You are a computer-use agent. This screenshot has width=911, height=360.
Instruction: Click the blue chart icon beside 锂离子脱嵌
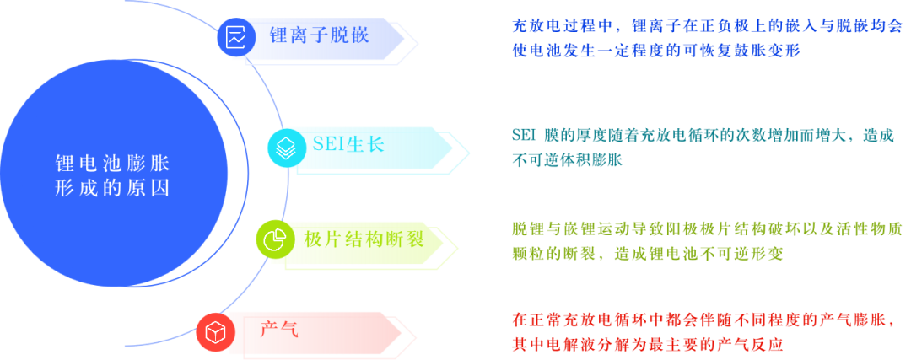235,37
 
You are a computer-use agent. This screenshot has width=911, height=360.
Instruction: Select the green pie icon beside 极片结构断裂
273,239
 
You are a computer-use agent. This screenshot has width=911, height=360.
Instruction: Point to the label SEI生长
348,144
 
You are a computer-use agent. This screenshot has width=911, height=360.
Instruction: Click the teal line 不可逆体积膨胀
567,160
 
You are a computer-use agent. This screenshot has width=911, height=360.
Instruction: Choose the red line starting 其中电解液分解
648,345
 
